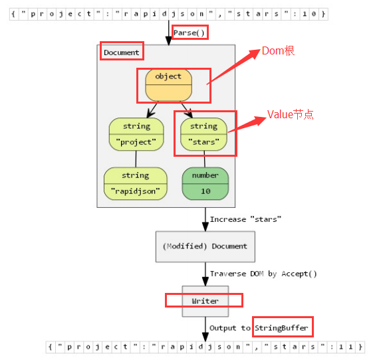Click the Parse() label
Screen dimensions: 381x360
[x=189, y=33]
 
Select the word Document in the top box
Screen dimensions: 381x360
[x=122, y=52]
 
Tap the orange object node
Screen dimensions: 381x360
[x=169, y=85]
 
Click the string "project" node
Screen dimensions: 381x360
[x=136, y=134]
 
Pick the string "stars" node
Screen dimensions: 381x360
[x=204, y=134]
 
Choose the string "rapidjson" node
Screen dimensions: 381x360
[x=136, y=183]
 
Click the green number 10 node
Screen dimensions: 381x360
[x=205, y=183]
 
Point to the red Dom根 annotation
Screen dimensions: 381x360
[x=278, y=51]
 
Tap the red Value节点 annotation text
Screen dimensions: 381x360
[x=291, y=114]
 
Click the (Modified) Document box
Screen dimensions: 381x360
[x=205, y=246]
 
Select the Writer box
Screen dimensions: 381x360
[x=205, y=302]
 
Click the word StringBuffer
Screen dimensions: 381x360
[x=281, y=328]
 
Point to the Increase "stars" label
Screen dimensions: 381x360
[x=245, y=219]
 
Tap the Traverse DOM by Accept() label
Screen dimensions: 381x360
[x=263, y=274]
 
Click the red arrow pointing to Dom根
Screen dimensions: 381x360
[x=233, y=67]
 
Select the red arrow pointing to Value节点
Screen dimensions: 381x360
[x=247, y=124]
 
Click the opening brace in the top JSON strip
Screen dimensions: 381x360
[x=13, y=14]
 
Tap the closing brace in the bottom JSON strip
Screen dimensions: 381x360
[x=360, y=347]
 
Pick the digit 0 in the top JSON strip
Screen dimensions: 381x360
[x=314, y=14]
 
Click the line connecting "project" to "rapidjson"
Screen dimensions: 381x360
[x=136, y=159]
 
